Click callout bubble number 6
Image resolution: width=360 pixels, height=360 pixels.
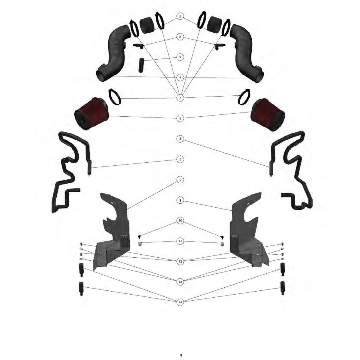click(x=180, y=16)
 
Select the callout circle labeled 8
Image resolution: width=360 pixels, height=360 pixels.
click(x=180, y=37)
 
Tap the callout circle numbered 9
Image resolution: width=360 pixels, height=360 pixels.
click(x=180, y=57)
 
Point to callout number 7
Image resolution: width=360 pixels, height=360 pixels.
click(x=180, y=98)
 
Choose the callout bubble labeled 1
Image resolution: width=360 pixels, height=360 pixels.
click(x=180, y=118)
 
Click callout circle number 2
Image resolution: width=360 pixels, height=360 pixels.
click(x=180, y=180)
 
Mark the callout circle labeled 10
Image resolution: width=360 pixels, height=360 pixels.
click(x=180, y=220)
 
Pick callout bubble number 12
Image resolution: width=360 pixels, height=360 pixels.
click(x=180, y=261)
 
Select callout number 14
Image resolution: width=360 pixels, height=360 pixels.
click(x=180, y=302)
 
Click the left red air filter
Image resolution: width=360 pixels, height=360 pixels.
click(x=91, y=114)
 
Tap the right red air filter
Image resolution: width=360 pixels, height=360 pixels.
click(x=268, y=115)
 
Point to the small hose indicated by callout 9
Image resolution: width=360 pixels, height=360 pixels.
click(x=141, y=65)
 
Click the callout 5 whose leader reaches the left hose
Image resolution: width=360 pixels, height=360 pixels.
click(x=180, y=159)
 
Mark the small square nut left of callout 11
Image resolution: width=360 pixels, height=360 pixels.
click(x=140, y=244)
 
